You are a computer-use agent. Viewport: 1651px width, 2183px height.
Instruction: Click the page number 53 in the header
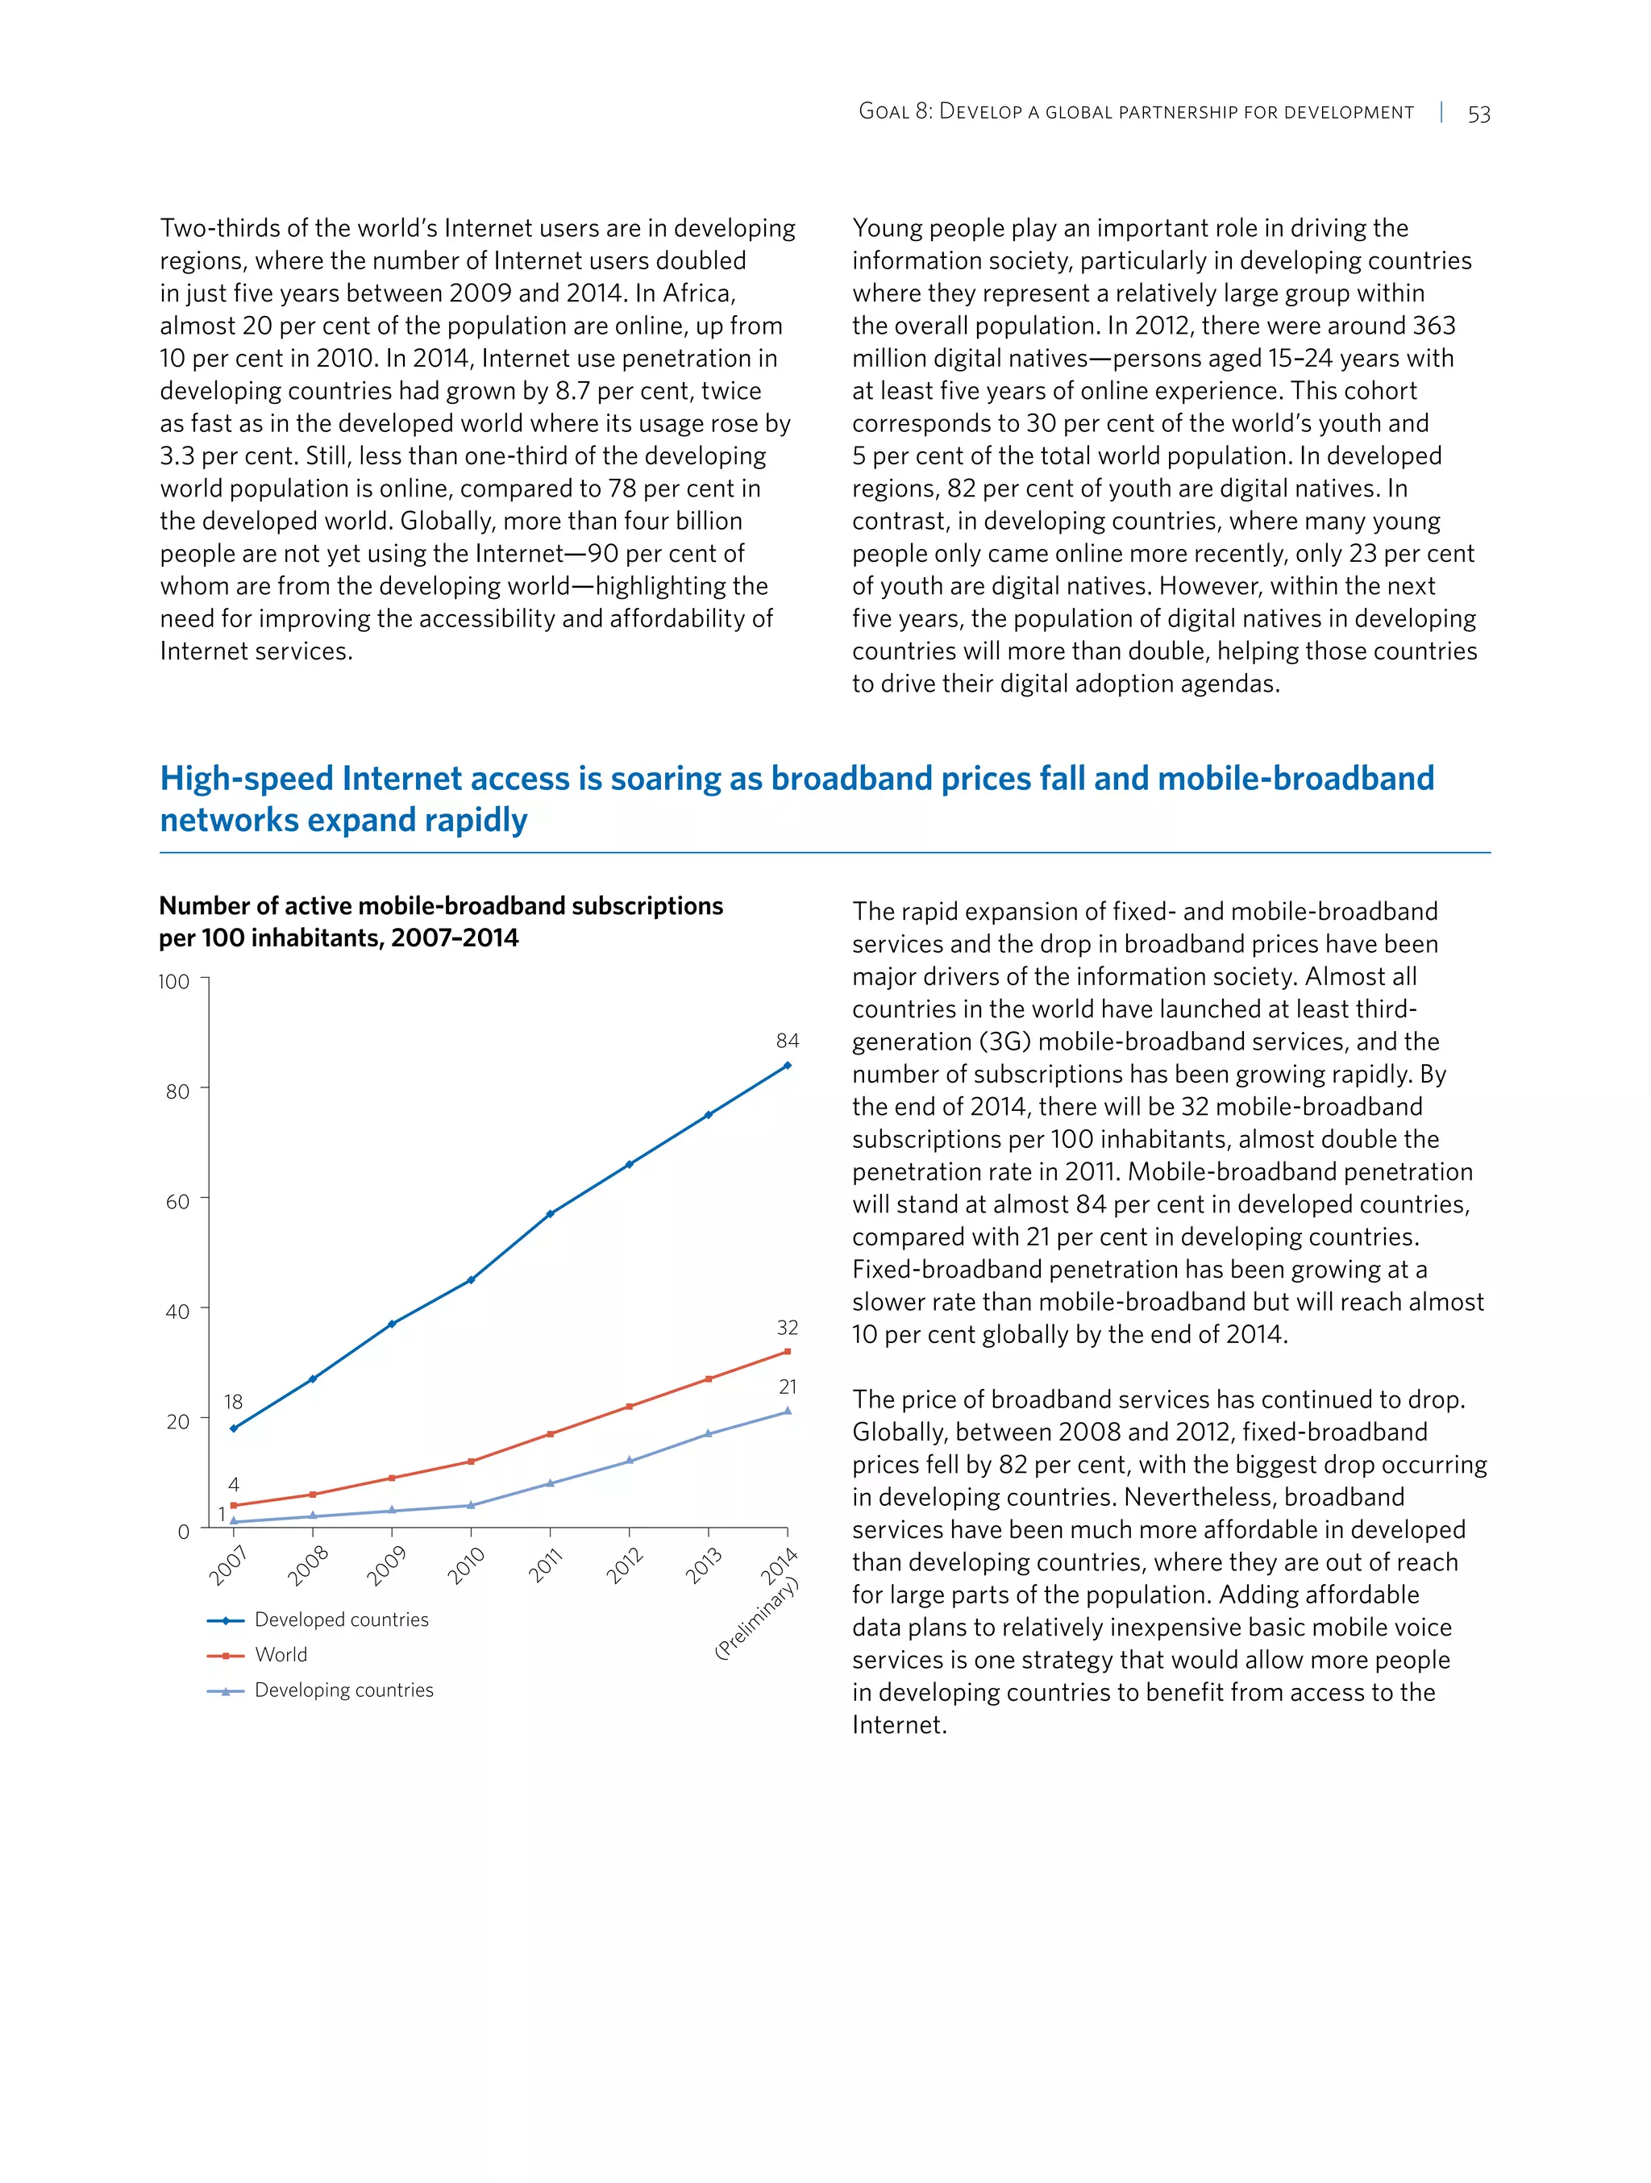(x=1478, y=114)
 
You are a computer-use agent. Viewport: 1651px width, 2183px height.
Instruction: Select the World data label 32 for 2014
(x=787, y=1328)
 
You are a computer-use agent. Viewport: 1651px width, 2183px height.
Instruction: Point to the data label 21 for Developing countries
(x=788, y=1387)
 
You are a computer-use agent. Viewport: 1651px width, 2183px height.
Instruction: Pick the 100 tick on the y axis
(x=173, y=981)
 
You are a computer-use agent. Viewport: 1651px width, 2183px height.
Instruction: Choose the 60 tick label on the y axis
(x=177, y=1201)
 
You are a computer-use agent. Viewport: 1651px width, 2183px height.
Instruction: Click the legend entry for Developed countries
(x=340, y=1620)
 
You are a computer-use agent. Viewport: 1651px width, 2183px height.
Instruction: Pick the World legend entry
(x=281, y=1655)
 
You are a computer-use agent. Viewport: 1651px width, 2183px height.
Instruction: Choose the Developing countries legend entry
(x=343, y=1690)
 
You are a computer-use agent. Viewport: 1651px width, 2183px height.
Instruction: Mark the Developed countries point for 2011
(x=550, y=1214)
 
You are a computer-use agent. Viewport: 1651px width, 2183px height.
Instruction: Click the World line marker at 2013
(x=708, y=1378)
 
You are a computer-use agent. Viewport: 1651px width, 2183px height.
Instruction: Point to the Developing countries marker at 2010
(x=471, y=1505)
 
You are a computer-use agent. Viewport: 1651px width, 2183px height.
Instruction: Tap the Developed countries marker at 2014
(x=787, y=1066)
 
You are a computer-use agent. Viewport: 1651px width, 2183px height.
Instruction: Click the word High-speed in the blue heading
(x=247, y=779)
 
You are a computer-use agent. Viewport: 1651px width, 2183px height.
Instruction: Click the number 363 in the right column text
(x=1433, y=326)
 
